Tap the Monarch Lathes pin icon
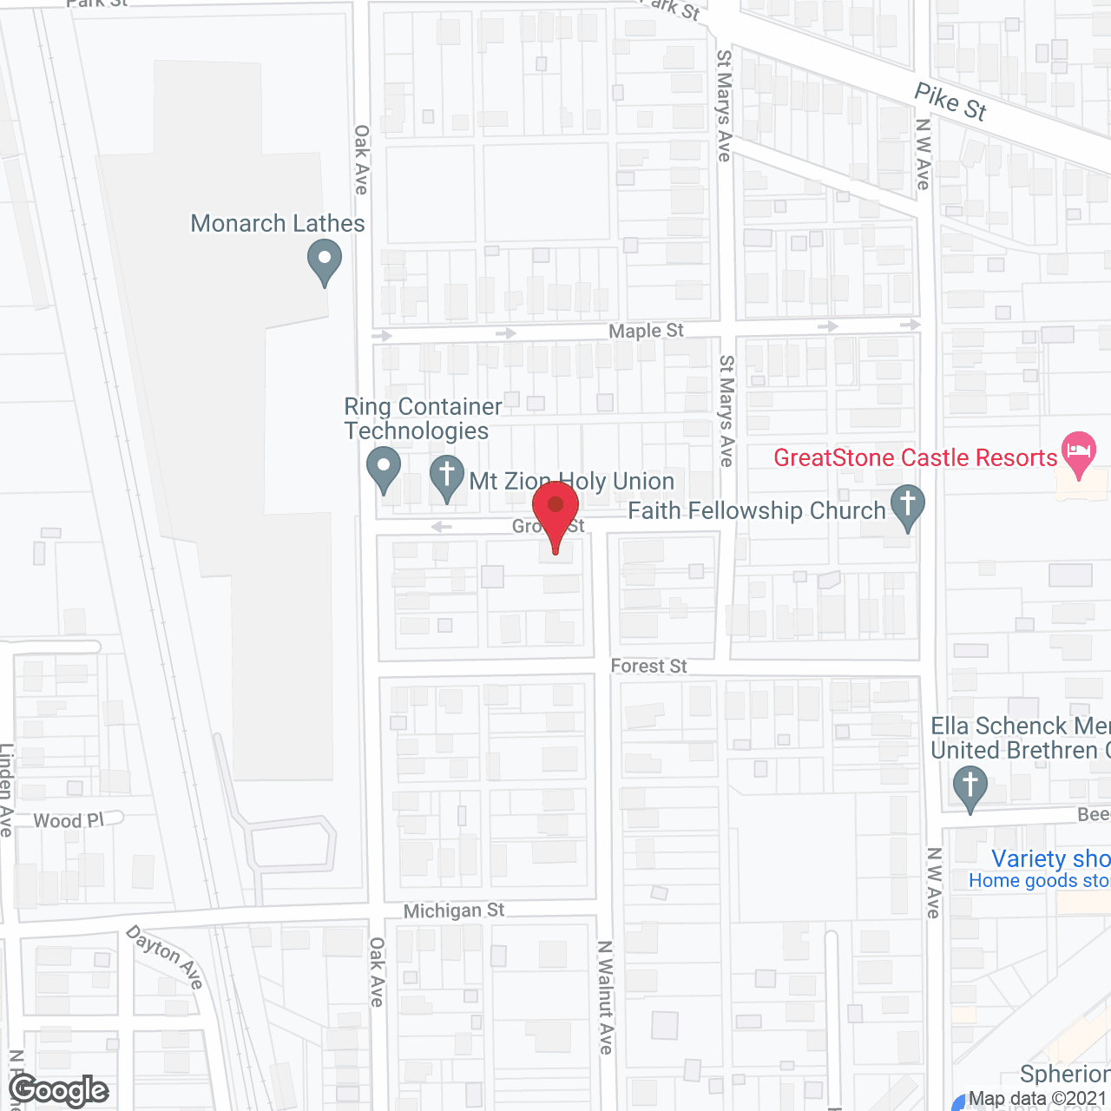click(325, 262)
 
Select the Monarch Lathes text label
click(278, 224)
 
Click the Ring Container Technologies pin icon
click(383, 468)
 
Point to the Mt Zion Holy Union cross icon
click(447, 477)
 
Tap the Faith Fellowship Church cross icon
click(908, 506)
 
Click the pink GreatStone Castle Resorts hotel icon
click(1079, 452)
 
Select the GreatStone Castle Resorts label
click(915, 457)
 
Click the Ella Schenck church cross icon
click(970, 786)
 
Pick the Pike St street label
click(950, 102)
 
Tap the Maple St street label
click(646, 331)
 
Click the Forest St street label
click(648, 666)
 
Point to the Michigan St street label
click(454, 910)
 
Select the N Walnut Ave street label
click(606, 997)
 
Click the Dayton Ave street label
click(165, 956)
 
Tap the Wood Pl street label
click(69, 820)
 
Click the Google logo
click(59, 1090)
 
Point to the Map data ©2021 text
click(1038, 1099)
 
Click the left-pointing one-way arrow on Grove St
click(442, 527)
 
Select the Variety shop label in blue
click(1050, 858)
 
